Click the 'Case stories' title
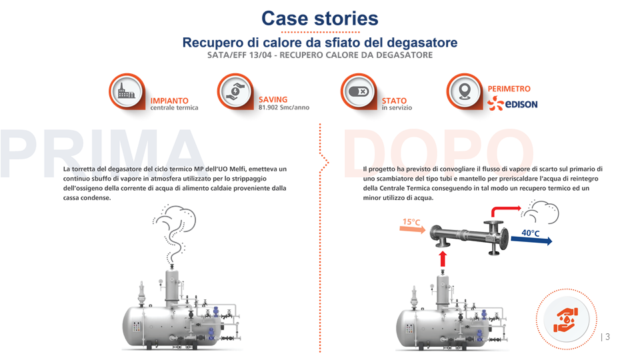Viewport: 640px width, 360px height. click(319, 18)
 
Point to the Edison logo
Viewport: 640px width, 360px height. click(513, 104)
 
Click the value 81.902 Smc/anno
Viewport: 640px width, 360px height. click(283, 107)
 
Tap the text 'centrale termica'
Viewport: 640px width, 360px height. click(174, 108)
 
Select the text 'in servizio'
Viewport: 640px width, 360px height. click(397, 108)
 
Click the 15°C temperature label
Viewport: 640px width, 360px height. click(411, 221)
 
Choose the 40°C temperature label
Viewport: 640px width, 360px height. click(531, 233)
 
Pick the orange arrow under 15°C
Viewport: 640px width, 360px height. click(412, 229)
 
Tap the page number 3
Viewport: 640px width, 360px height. click(607, 337)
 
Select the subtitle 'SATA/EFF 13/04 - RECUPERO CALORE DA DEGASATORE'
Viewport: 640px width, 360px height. click(320, 55)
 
